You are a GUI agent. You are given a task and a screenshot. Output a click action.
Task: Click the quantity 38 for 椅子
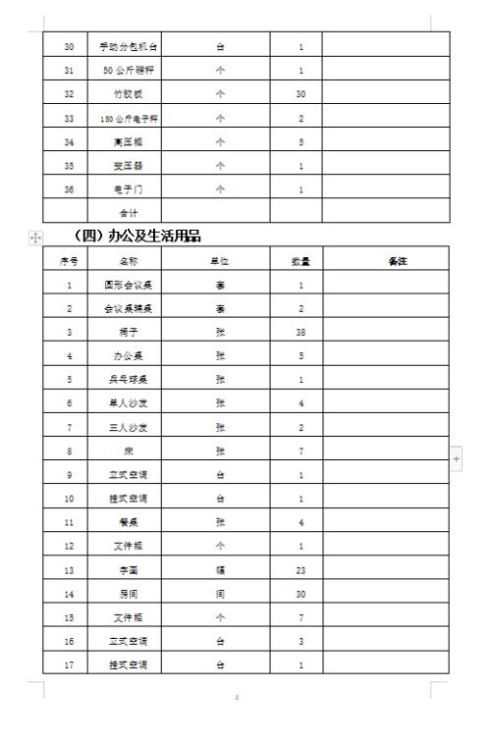pos(300,333)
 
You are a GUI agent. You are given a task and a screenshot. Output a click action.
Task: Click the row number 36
pos(69,187)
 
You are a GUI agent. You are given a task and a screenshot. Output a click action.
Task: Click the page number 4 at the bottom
pos(236,698)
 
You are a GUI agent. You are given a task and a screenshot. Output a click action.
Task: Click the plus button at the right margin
pos(456,458)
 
